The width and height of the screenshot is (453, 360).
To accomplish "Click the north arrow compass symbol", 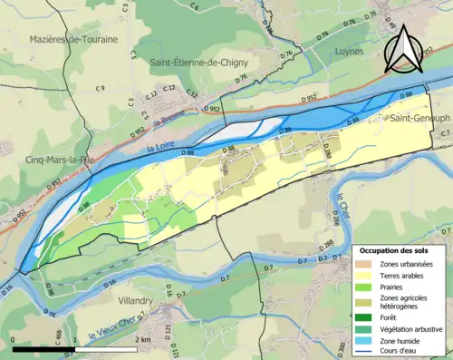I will (403, 49).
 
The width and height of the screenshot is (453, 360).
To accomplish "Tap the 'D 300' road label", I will (342, 346).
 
